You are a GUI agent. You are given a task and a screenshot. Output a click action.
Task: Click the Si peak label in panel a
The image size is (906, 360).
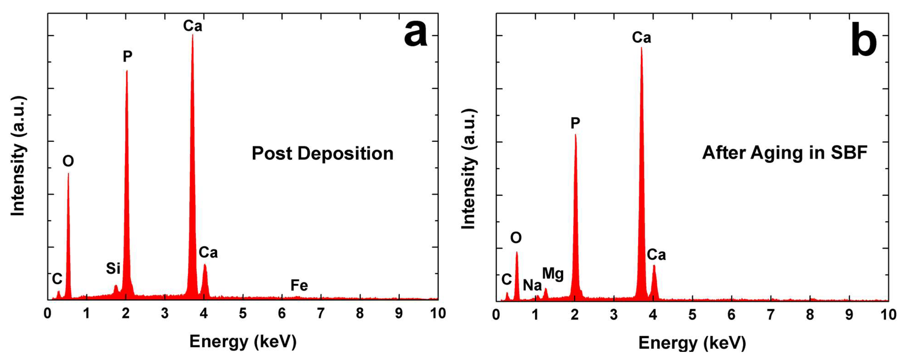click(x=113, y=269)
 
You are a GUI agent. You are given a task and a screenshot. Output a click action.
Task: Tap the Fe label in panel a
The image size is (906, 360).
click(x=299, y=285)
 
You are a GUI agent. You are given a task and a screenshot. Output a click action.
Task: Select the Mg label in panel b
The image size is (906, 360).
click(x=553, y=274)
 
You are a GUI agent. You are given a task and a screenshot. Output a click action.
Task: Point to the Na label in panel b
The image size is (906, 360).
click(x=532, y=285)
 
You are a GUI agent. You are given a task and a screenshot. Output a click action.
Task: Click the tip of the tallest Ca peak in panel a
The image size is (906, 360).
click(x=192, y=35)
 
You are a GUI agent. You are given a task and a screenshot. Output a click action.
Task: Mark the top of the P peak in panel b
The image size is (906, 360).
click(x=575, y=135)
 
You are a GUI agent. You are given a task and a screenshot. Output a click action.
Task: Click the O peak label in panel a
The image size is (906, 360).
click(x=68, y=161)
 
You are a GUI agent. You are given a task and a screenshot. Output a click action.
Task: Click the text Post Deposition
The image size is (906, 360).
click(x=322, y=153)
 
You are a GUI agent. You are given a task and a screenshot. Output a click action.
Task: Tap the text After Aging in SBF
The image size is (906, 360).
click(x=785, y=153)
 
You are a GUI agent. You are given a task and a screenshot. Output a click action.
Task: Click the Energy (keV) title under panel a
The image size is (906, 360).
click(x=243, y=341)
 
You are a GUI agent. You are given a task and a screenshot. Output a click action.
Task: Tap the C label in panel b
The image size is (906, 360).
click(x=506, y=279)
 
